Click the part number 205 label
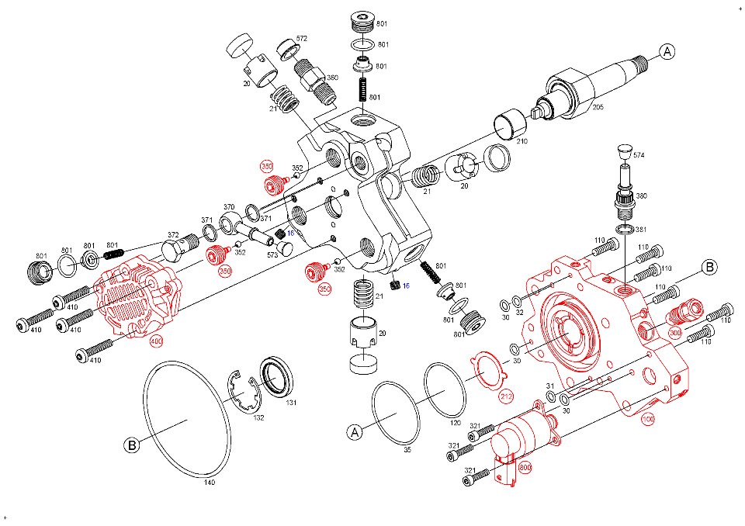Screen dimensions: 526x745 click(x=598, y=106)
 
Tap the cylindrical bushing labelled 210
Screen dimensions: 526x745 click(x=510, y=123)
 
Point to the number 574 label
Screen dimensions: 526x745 click(x=639, y=156)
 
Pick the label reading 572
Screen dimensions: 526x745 click(x=302, y=38)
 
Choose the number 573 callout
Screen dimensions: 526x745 click(x=273, y=254)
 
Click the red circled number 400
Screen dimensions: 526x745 click(x=156, y=341)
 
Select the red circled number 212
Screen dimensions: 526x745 click(x=506, y=397)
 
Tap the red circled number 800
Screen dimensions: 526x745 click(x=525, y=468)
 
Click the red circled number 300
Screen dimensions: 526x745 click(x=675, y=333)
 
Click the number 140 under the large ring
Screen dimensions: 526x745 click(x=209, y=483)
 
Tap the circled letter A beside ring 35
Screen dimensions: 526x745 click(x=354, y=431)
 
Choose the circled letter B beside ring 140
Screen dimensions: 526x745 click(x=132, y=445)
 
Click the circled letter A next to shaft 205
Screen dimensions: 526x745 click(x=667, y=52)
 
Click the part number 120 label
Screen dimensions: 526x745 click(x=455, y=424)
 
